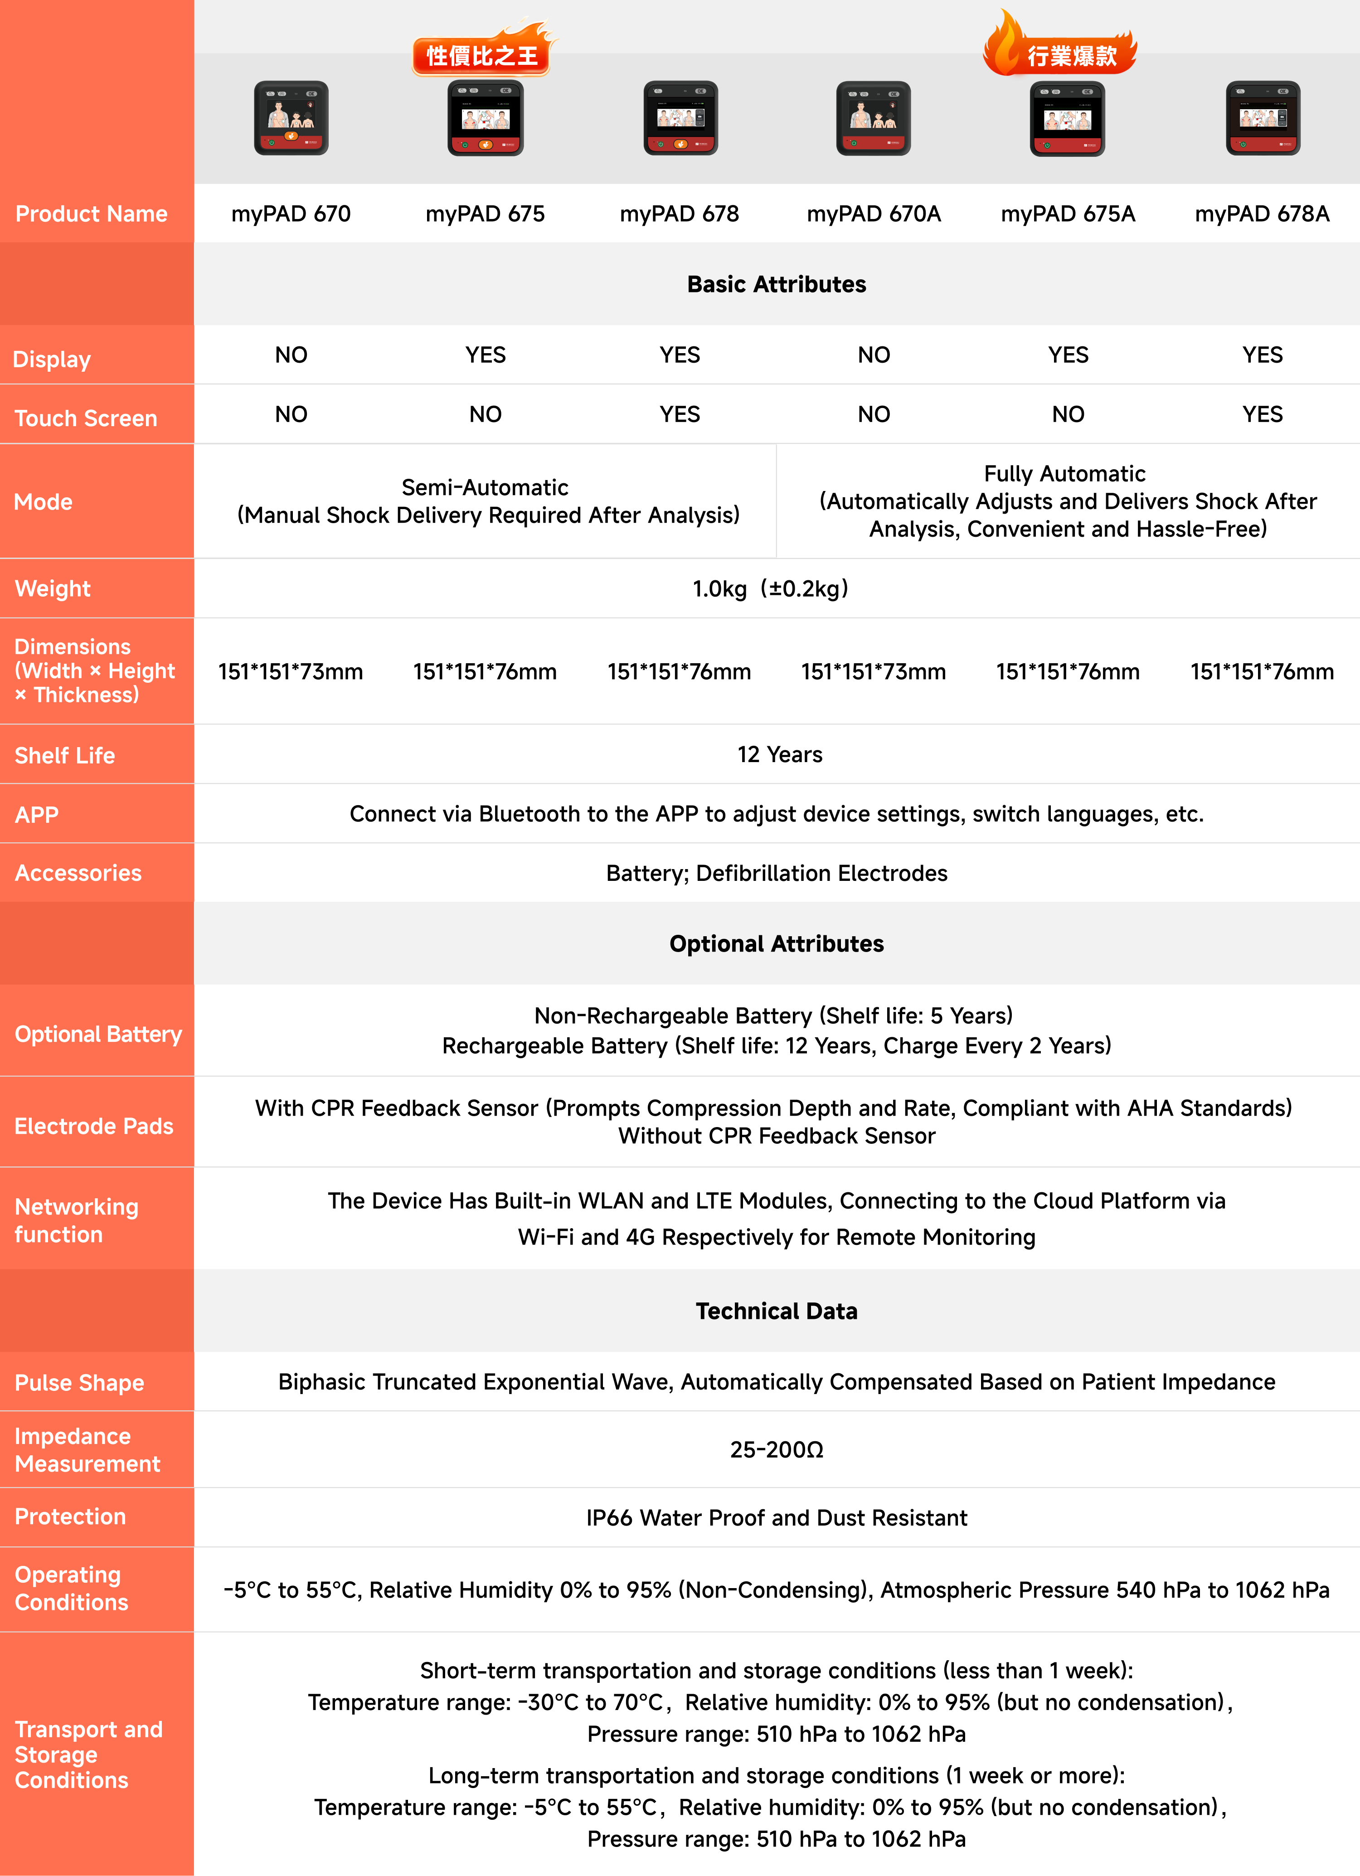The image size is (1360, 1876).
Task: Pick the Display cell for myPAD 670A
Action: coord(874,355)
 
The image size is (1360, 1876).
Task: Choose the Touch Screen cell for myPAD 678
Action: coord(680,414)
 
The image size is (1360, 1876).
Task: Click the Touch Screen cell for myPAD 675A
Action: coord(1068,414)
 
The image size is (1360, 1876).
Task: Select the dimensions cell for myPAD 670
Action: coord(291,672)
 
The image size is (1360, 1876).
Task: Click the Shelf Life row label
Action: coord(64,755)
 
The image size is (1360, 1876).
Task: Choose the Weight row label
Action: coord(53,589)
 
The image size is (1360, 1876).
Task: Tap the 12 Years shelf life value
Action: coord(779,754)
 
